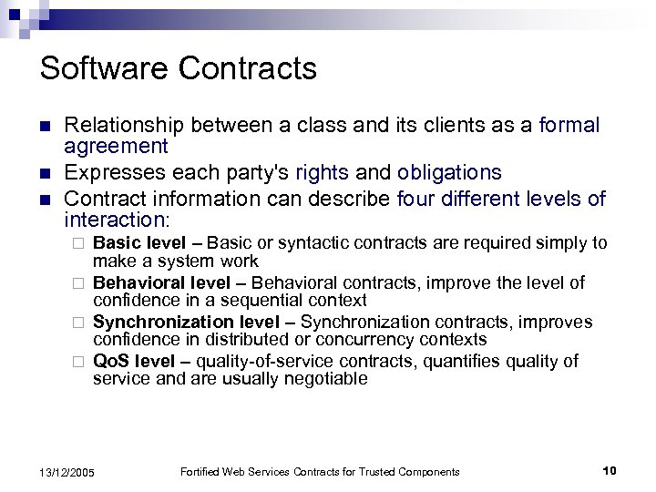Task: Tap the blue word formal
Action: click(569, 125)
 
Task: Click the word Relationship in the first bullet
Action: click(128, 125)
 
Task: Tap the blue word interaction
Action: click(112, 220)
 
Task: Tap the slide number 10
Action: click(610, 470)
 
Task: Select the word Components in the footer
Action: click(427, 471)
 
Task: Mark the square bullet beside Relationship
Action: click(46, 126)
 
